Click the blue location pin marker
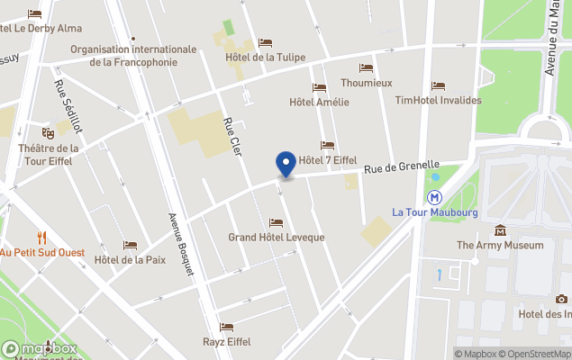(286, 164)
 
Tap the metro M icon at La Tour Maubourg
(435, 195)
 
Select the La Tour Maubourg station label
(435, 212)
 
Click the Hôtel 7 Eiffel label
(328, 160)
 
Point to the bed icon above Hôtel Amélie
(319, 87)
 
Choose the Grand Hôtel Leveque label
(276, 238)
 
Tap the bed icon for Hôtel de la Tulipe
(265, 42)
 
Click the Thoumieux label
(366, 83)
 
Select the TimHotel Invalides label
(438, 101)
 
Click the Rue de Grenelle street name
(402, 168)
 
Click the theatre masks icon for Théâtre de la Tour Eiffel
(48, 133)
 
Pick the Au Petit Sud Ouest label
(41, 253)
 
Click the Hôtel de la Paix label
(130, 260)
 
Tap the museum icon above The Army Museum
(500, 229)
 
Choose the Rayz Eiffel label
(227, 342)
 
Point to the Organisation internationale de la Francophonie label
(133, 56)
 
